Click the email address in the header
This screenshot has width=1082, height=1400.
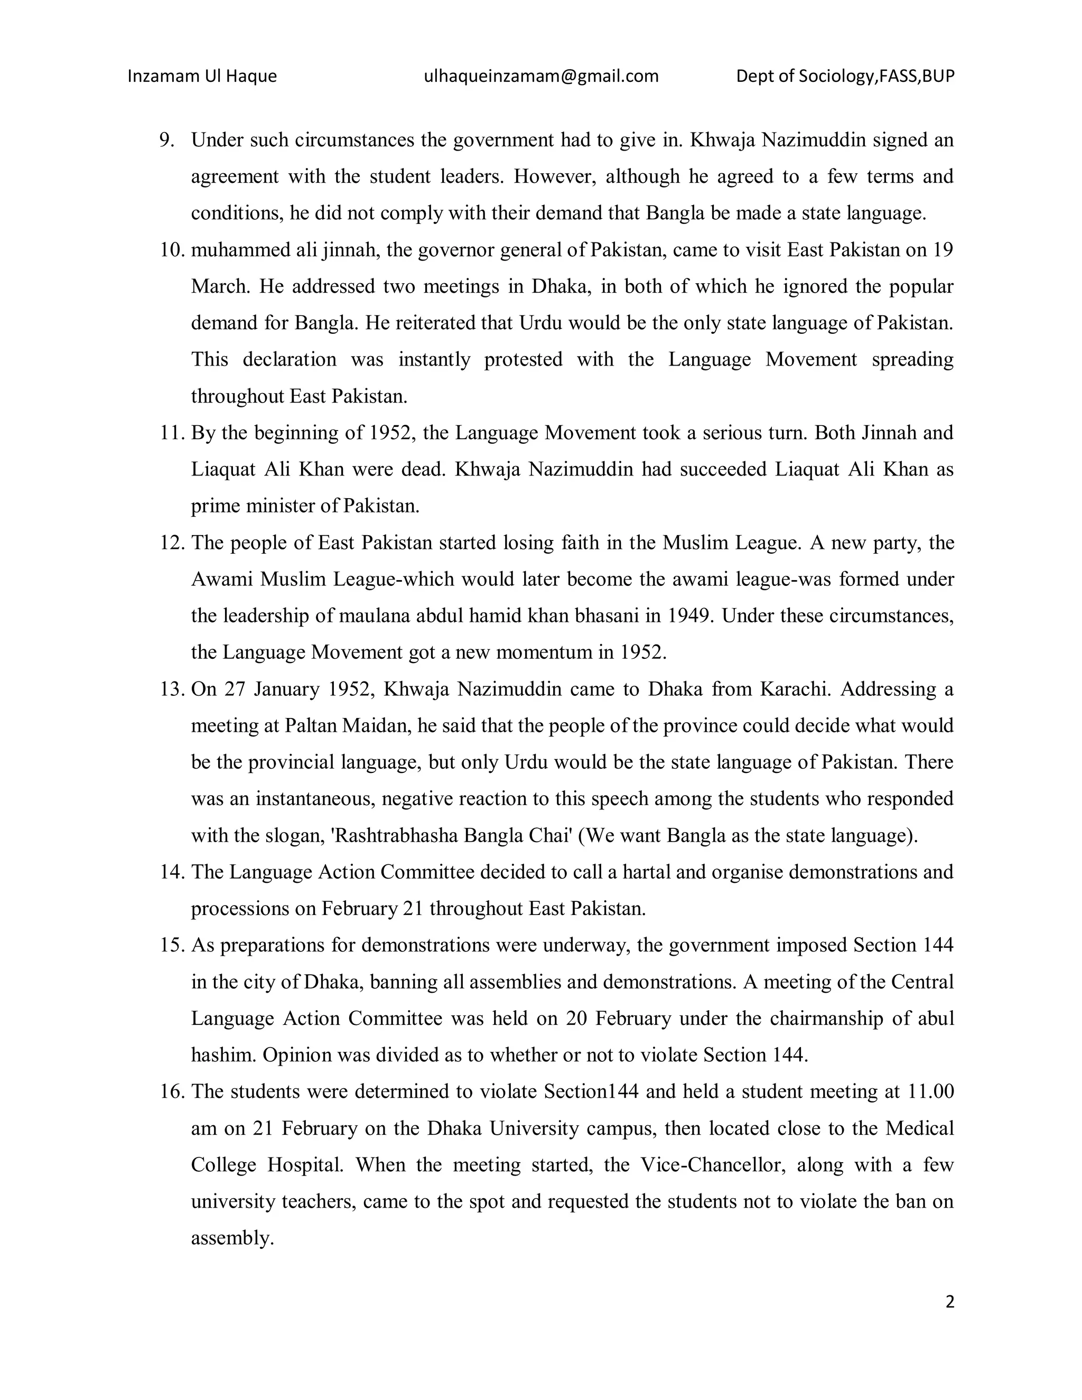[541, 76]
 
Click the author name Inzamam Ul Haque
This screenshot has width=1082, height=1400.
[202, 76]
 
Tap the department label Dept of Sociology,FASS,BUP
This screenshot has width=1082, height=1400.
[845, 76]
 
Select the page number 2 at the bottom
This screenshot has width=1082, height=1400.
[949, 1301]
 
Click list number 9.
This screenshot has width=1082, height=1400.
[166, 140]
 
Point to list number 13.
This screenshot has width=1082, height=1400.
[171, 689]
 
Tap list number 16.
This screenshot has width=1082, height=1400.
[171, 1091]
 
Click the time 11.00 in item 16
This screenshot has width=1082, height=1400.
[931, 1091]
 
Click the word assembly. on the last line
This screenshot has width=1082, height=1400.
[232, 1238]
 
